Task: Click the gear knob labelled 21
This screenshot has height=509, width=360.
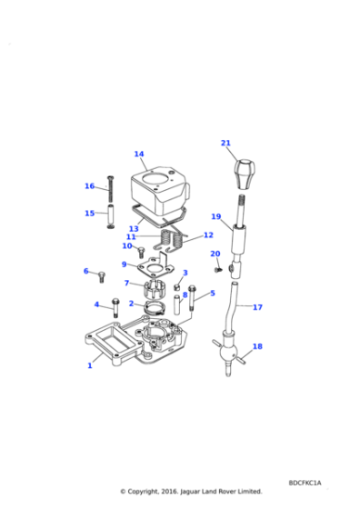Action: click(x=245, y=174)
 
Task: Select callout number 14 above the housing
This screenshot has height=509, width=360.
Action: click(x=139, y=154)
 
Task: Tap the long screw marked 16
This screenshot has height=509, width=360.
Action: click(x=110, y=189)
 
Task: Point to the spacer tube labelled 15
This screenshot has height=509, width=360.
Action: click(x=110, y=216)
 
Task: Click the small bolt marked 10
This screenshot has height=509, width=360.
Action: click(x=141, y=252)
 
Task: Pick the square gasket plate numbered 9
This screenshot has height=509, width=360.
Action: click(x=154, y=267)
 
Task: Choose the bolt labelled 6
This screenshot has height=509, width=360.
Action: click(x=102, y=277)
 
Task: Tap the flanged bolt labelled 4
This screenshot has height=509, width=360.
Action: click(x=115, y=307)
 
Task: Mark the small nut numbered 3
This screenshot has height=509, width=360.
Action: click(x=177, y=287)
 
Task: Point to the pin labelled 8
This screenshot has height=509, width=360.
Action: click(x=177, y=304)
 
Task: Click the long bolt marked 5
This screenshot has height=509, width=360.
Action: click(x=192, y=298)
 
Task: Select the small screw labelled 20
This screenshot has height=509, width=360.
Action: click(x=218, y=269)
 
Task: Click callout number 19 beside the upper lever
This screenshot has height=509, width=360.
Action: click(x=215, y=216)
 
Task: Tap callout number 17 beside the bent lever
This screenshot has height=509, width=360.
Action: click(x=257, y=307)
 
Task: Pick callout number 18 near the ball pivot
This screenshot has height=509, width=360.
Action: click(x=257, y=346)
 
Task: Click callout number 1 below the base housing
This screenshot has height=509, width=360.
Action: click(x=90, y=365)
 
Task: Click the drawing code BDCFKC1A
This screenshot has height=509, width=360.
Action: click(x=305, y=483)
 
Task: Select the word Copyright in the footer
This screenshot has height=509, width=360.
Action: click(x=143, y=492)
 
